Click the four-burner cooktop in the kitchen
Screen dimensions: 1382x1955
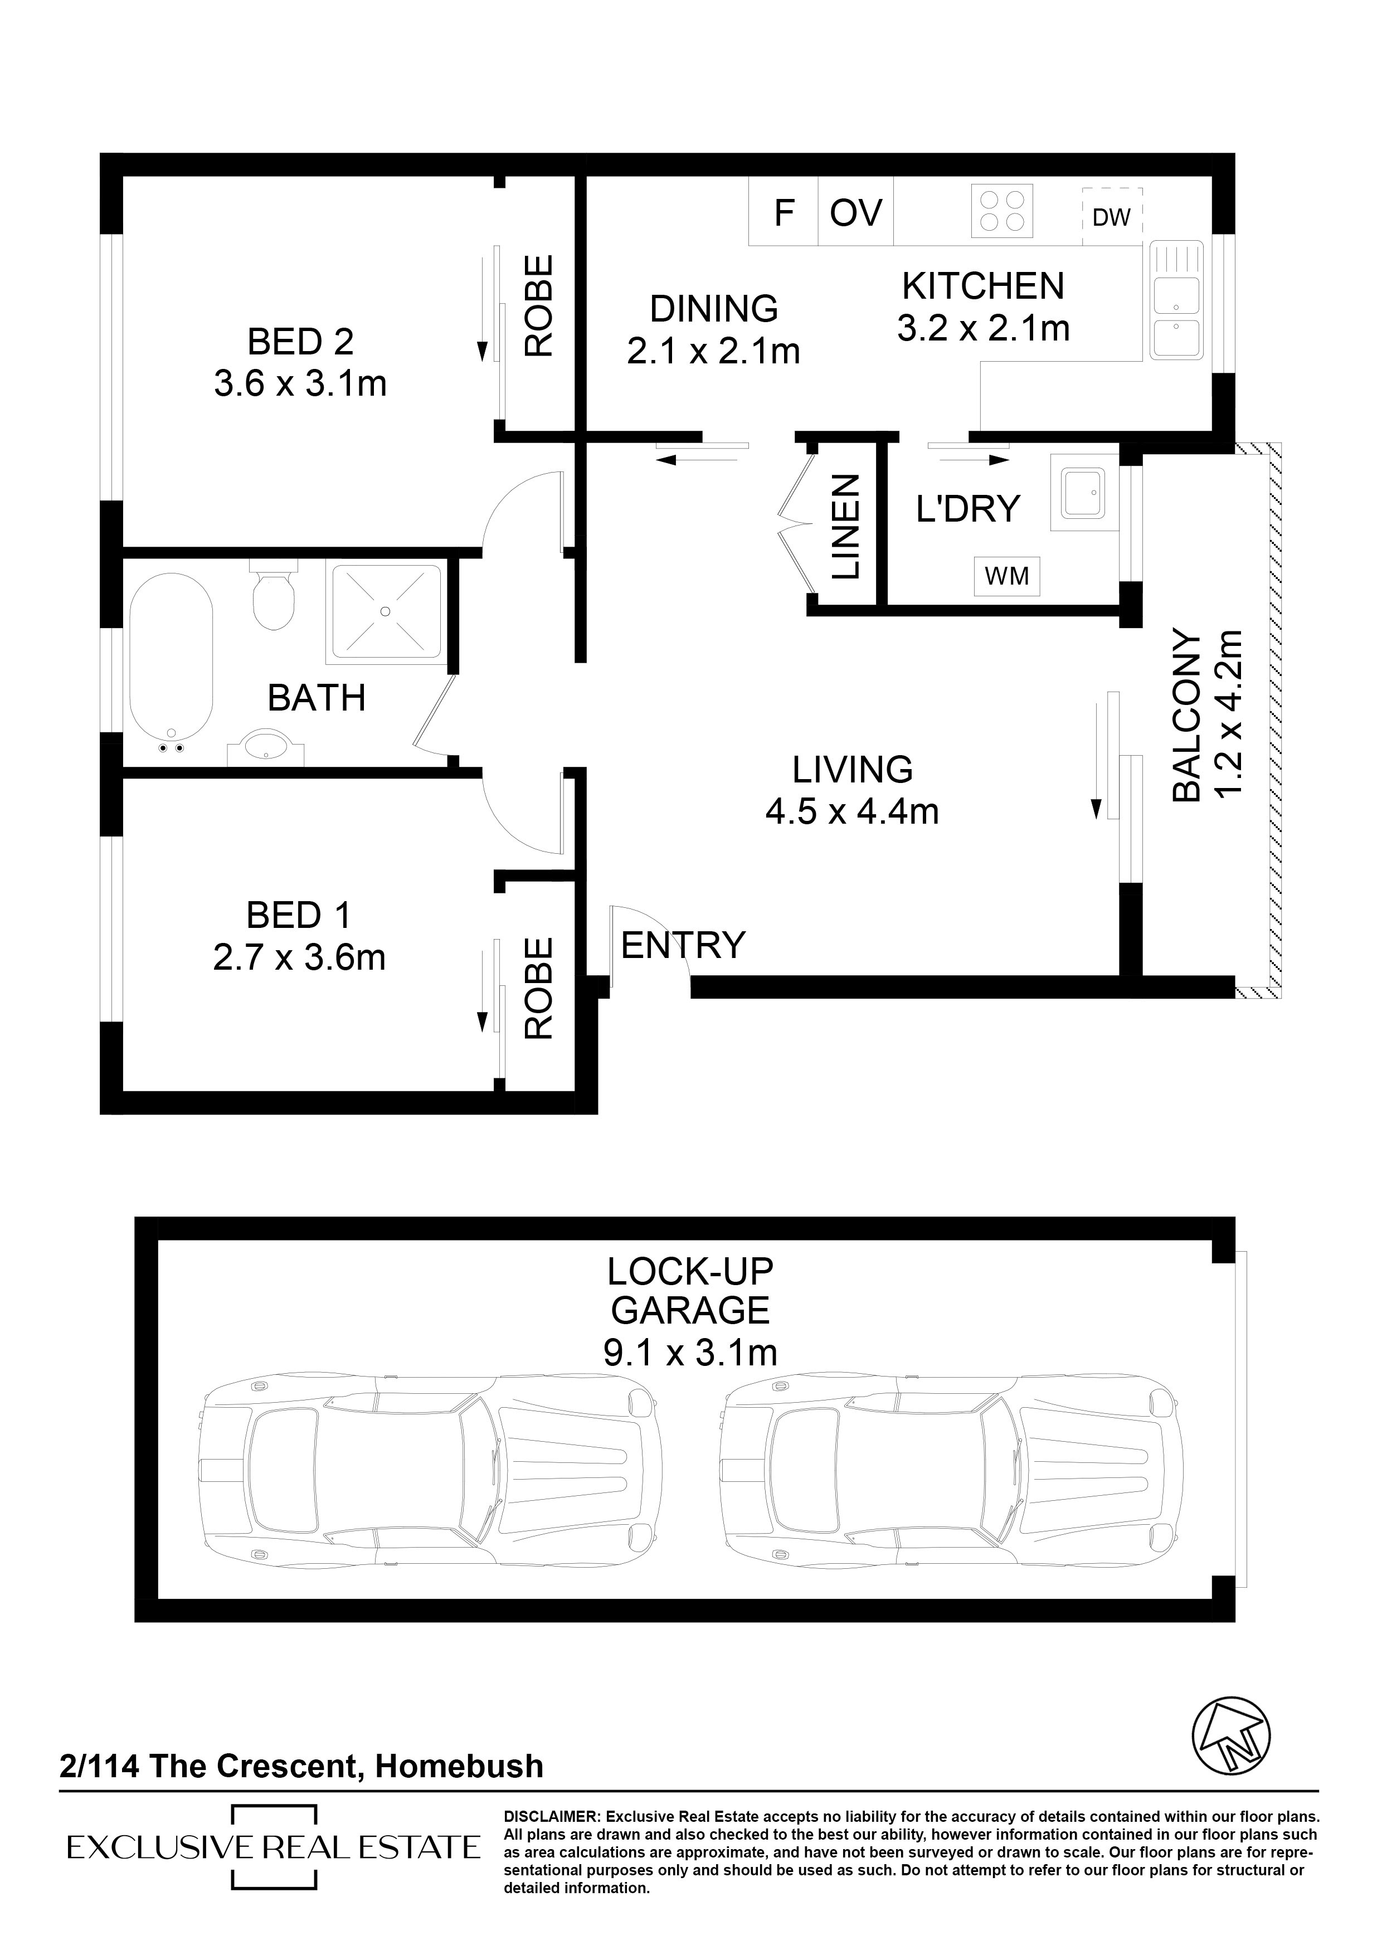pyautogui.click(x=1001, y=210)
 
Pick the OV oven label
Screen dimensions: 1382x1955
pyautogui.click(x=856, y=213)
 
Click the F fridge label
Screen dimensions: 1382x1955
pyautogui.click(x=784, y=213)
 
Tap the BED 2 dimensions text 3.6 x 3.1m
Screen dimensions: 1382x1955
pyautogui.click(x=300, y=384)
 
